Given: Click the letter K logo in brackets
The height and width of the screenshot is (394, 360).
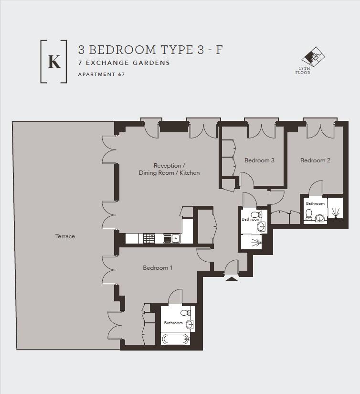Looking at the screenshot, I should pyautogui.click(x=54, y=62).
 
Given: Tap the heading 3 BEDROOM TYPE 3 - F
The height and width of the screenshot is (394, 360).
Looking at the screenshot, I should pyautogui.click(x=150, y=50).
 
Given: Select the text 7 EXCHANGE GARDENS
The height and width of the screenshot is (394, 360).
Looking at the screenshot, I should pyautogui.click(x=124, y=63).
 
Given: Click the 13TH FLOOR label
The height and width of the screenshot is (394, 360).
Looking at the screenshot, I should pyautogui.click(x=303, y=71).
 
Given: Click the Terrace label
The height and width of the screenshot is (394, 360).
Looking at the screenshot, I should pyautogui.click(x=65, y=236).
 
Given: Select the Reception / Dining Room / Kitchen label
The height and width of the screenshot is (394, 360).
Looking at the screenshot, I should pyautogui.click(x=169, y=169).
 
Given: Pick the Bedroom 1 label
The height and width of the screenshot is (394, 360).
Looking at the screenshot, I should pyautogui.click(x=158, y=268).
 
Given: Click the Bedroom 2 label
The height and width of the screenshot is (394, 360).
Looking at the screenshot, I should pyautogui.click(x=315, y=160).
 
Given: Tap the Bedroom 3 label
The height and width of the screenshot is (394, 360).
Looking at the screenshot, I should pyautogui.click(x=259, y=160).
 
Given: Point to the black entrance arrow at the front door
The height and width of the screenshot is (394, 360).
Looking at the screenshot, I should pyautogui.click(x=232, y=278).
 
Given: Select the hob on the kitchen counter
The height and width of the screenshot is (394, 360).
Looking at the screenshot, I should pyautogui.click(x=149, y=238).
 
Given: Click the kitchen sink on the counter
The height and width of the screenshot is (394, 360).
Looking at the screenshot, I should pyautogui.click(x=171, y=238).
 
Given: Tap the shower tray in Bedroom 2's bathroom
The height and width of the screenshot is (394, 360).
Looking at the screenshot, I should pyautogui.click(x=335, y=210).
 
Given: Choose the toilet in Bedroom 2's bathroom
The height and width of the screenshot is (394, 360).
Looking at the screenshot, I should pyautogui.click(x=309, y=213).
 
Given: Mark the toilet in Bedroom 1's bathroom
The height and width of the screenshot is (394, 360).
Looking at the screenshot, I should pyautogui.click(x=186, y=313).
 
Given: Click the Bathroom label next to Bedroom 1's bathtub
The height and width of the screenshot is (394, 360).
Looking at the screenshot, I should pyautogui.click(x=173, y=323).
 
